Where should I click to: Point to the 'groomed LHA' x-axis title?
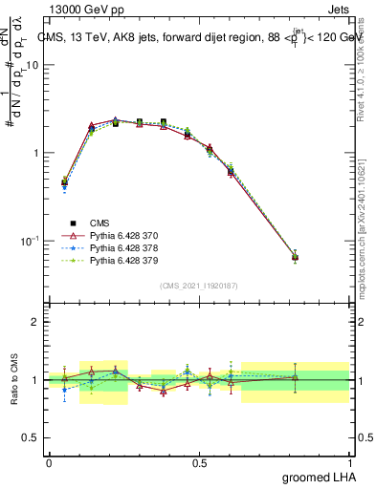coord(319,477)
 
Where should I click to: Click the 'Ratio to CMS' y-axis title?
coord(14,380)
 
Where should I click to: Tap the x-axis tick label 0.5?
coord(200,461)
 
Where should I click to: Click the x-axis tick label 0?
coord(49,461)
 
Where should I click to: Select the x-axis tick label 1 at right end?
coord(351,461)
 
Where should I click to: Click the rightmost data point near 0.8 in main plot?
coord(295,257)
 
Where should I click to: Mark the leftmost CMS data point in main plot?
coord(64,181)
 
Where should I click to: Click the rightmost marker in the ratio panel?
coord(295,378)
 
